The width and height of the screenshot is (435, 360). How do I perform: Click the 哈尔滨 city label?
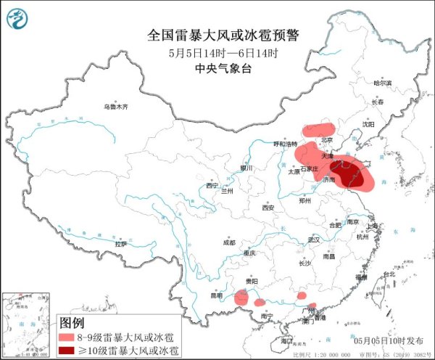382,83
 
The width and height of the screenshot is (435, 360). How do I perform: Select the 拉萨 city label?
107,245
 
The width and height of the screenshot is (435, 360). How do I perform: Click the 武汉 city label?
313,239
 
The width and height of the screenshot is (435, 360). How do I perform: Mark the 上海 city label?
374,226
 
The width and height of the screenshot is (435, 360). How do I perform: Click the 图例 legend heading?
72,322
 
